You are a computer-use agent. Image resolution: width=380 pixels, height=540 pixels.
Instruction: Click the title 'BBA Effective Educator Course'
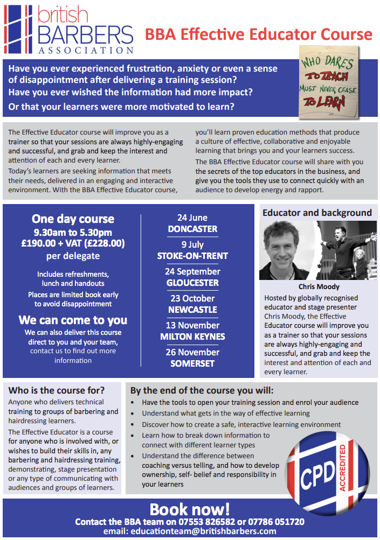tap(258, 34)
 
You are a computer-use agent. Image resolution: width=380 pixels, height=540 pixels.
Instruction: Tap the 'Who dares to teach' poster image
tap(328, 82)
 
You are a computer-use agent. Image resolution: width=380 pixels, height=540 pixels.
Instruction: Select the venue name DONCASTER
tap(192, 229)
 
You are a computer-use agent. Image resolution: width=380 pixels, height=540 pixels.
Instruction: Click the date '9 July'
tap(192, 244)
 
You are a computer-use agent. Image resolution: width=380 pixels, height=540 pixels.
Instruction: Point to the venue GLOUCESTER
tap(192, 283)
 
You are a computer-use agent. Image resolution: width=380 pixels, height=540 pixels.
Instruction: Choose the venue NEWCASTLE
tap(192, 310)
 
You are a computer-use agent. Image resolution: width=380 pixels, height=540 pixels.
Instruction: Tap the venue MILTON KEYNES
tap(192, 336)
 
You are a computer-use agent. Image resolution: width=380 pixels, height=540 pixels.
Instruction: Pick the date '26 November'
tap(192, 352)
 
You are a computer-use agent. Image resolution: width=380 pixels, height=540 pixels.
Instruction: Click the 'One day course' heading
tap(73, 219)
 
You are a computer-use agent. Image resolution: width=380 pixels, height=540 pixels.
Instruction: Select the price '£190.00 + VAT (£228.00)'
tap(73, 243)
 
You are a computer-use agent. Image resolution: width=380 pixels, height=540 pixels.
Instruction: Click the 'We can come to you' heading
tap(73, 320)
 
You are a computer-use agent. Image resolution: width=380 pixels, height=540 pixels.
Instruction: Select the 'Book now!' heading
tap(190, 509)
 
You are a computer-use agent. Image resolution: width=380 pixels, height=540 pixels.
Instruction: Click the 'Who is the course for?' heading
tap(57, 390)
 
